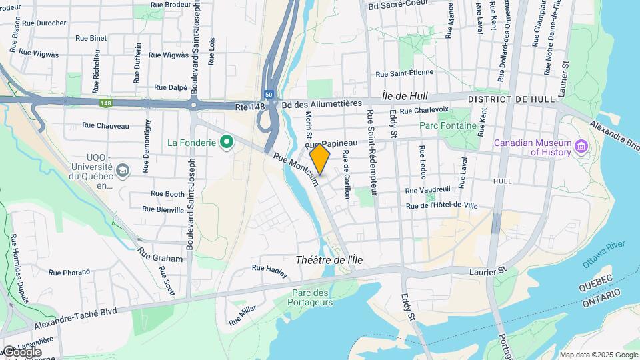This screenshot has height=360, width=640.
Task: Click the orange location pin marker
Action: [x=320, y=158]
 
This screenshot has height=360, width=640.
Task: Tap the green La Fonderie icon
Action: [x=227, y=141]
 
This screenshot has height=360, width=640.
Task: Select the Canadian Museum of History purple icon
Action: [x=581, y=146]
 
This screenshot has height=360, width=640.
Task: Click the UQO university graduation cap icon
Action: [x=123, y=171]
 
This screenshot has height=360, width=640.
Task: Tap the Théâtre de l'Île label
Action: [x=329, y=260]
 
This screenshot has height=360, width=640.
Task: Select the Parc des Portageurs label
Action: [x=312, y=297]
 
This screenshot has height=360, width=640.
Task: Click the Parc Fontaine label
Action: [x=448, y=125]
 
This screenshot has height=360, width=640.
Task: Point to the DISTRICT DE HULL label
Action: [x=512, y=99]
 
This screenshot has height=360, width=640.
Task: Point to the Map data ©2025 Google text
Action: [x=599, y=355]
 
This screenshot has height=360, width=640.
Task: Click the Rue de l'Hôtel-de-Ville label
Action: [x=442, y=205]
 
